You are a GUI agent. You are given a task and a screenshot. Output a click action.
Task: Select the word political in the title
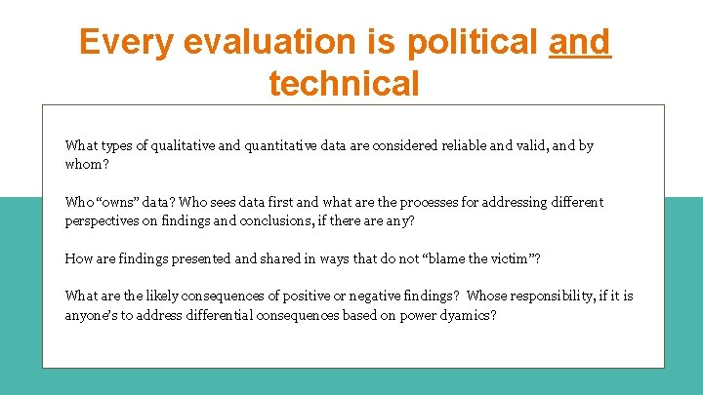473,42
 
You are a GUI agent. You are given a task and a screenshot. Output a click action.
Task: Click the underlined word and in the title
580,42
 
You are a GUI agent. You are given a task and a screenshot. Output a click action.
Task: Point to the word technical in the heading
344,83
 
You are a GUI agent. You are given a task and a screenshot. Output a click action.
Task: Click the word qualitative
179,145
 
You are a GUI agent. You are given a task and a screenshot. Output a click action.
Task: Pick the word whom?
87,164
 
